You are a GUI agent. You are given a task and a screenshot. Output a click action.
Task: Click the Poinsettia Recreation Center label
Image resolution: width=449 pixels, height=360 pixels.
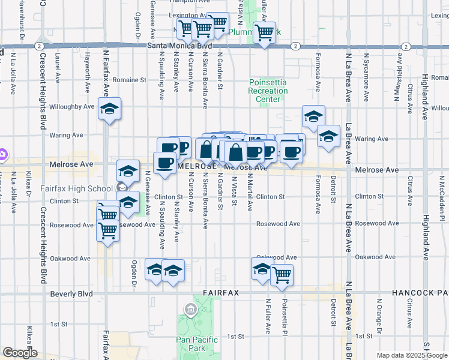click(x=268, y=91)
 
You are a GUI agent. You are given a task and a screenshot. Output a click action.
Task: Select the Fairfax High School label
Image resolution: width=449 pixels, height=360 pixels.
click(x=76, y=188)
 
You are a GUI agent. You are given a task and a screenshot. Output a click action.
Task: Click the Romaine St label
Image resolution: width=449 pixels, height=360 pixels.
click(x=131, y=79)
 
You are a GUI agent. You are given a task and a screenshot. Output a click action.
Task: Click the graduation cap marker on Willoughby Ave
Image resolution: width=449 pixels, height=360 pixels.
click(x=110, y=109)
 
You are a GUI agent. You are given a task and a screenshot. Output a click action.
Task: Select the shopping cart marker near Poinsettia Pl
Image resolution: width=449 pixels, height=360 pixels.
click(x=282, y=275)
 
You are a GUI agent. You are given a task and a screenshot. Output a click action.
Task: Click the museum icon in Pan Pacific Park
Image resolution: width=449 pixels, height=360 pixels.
click(x=191, y=310)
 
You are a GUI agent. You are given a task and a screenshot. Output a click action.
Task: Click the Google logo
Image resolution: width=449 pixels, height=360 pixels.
click(x=20, y=353)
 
